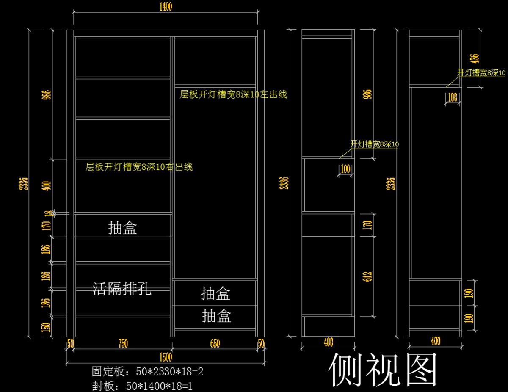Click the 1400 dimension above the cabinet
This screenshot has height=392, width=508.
coord(166,8)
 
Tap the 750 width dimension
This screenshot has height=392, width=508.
coord(123,344)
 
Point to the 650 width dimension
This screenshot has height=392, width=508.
coord(215,344)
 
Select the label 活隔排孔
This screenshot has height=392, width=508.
coord(122,290)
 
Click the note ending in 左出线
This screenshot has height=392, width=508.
coord(233,94)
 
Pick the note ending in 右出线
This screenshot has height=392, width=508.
coord(139,167)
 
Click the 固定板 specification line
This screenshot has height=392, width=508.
coord(148,372)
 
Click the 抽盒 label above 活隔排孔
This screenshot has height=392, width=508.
coord(122,229)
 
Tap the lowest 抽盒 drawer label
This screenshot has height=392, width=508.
coord(216,316)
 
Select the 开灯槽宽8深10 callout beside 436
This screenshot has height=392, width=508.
coord(481,73)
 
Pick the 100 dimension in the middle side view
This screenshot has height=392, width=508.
coord(345,169)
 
